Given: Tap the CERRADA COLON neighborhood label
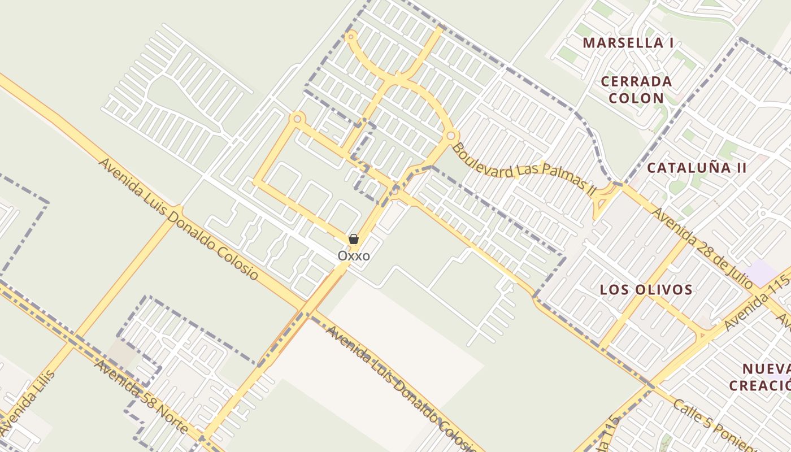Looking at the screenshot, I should [636, 89].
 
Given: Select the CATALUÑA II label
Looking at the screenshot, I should [697, 168].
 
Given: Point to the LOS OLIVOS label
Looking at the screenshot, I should [646, 290].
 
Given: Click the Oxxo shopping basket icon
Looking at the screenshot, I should [354, 239].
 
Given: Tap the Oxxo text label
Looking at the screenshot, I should [354, 256].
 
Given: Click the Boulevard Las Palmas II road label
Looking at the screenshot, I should [524, 169].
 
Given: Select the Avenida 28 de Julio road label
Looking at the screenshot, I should [702, 246].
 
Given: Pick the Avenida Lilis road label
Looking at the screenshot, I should [28, 402].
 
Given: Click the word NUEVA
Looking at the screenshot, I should [766, 370].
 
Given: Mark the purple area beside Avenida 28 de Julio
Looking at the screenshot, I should [761, 273].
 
